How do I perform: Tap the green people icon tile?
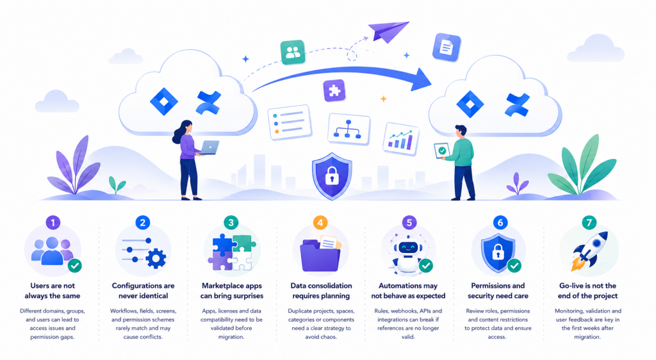[x=293, y=53]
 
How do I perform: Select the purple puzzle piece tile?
[x=334, y=90]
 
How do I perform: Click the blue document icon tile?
[x=447, y=47]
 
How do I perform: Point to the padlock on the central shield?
[x=332, y=176]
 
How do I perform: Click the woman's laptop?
[x=209, y=147]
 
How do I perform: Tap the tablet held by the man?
[x=442, y=151]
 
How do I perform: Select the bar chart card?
[x=401, y=138]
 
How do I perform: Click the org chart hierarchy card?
[x=348, y=129]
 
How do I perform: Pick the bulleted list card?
[x=290, y=122]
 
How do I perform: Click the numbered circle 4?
[x=320, y=222]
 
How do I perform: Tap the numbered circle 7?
[x=589, y=222]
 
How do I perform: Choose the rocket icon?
[x=589, y=251]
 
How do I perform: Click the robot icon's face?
[x=407, y=248]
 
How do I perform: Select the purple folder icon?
[x=320, y=255]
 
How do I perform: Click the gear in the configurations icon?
[x=156, y=259]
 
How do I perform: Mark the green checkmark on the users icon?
[x=75, y=265]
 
